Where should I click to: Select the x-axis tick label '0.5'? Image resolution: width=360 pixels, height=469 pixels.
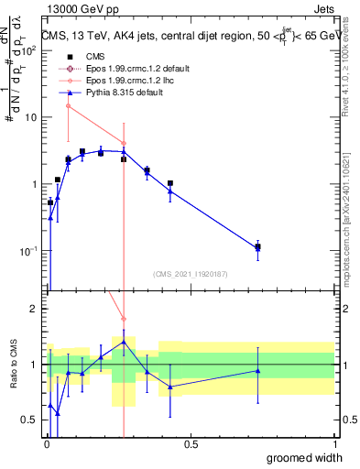coord(191,444)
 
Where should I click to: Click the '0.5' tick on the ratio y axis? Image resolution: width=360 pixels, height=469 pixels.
coord(29,420)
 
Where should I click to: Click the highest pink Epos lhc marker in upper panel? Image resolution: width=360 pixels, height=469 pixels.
coord(68,106)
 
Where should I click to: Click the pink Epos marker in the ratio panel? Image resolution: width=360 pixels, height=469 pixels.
coord(124,319)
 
